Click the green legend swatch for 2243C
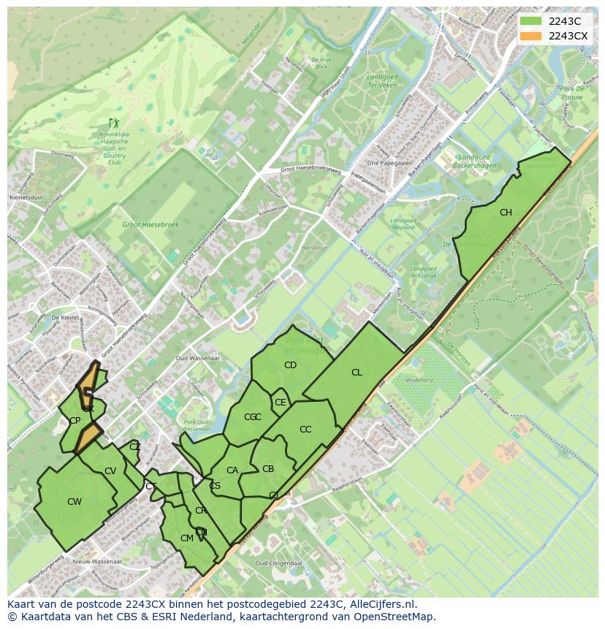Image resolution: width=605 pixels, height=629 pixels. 531,20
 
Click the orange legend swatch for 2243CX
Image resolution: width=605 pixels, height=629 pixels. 531,36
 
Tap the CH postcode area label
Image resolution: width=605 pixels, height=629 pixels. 506,213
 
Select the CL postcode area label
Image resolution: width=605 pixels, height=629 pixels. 357,373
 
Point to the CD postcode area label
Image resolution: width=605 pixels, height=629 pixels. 290,365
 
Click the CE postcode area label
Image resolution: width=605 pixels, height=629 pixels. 280,403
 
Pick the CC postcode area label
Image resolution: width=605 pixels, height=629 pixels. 305,430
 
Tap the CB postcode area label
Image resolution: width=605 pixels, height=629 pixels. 268,469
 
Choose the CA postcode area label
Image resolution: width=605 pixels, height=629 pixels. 232,470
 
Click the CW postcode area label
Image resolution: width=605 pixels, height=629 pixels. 74,502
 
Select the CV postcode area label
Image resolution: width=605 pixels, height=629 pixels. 110,471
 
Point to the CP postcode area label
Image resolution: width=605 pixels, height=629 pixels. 75,421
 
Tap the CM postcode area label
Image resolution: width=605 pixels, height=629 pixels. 186,538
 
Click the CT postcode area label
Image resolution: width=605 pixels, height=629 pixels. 151,487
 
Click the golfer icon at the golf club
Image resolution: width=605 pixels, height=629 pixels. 113,123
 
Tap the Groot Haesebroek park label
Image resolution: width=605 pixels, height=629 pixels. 151,226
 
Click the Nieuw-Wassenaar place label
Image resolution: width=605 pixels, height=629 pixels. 97,561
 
